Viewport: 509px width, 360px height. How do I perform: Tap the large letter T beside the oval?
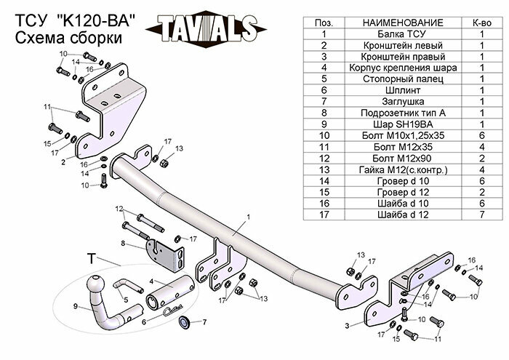91,259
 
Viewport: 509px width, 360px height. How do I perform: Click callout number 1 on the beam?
248,216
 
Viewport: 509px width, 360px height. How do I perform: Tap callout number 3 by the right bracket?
348,326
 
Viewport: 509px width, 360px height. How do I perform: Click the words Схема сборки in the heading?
63,39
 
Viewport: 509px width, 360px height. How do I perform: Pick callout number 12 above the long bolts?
119,209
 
